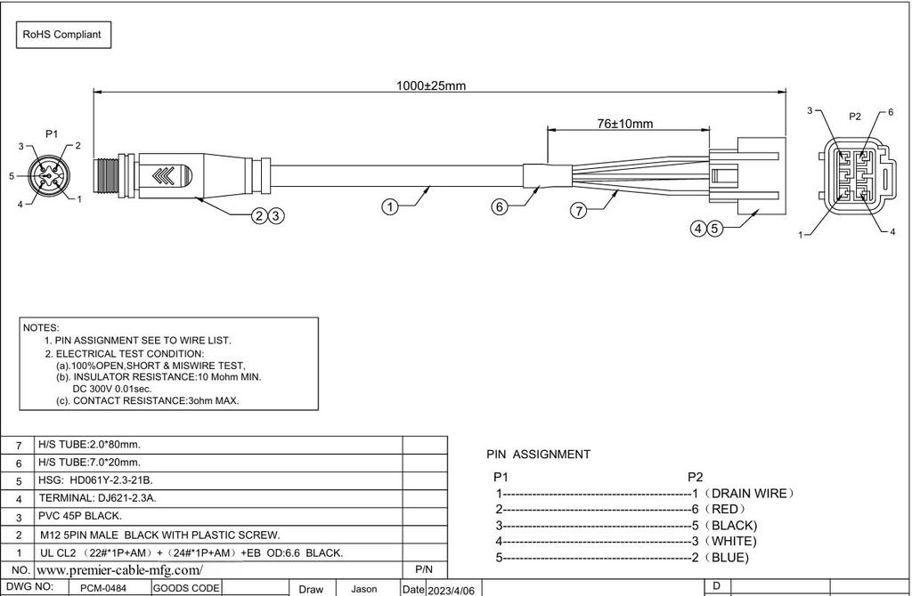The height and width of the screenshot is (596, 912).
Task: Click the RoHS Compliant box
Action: (x=62, y=35)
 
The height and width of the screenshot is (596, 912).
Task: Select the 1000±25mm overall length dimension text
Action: (x=431, y=85)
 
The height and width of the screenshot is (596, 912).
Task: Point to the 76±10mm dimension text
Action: (x=624, y=124)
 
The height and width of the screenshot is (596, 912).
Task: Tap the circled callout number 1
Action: (x=389, y=207)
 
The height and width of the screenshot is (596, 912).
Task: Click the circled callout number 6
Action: (x=500, y=207)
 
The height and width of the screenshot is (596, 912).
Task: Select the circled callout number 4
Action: (x=699, y=229)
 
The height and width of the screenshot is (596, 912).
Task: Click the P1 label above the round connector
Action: (x=52, y=133)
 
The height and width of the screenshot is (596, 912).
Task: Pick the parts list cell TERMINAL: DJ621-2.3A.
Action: (x=98, y=498)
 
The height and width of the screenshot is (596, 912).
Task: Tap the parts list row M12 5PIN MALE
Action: (x=160, y=535)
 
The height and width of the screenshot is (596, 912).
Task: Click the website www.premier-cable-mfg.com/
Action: (x=120, y=569)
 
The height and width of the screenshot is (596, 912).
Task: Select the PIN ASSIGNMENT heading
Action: (x=538, y=454)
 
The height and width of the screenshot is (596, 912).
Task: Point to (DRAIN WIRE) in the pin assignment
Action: (x=748, y=493)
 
